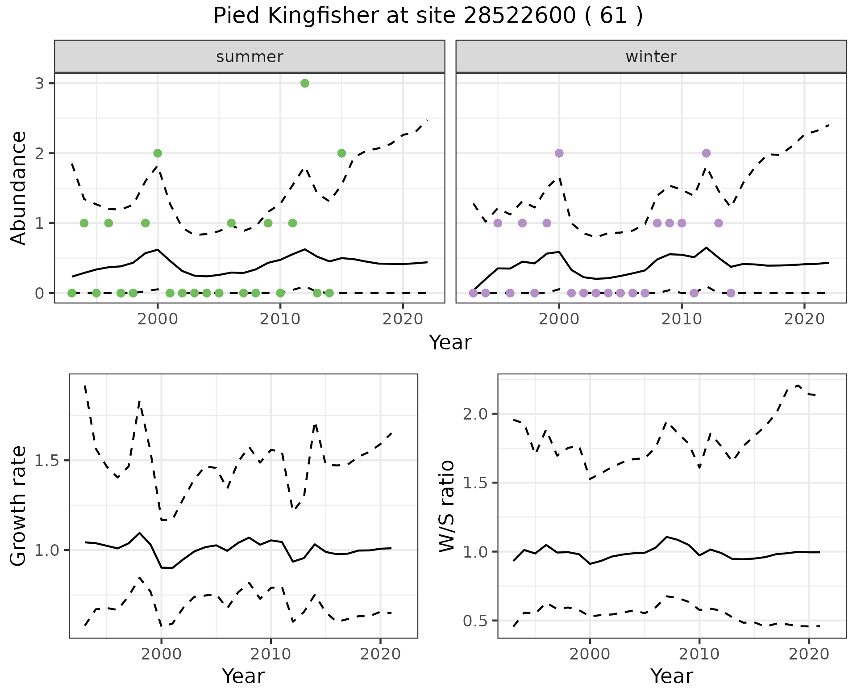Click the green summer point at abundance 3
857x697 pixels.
305,83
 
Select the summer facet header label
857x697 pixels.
250,57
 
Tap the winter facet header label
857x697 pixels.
651,57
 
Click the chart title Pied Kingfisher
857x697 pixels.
428,16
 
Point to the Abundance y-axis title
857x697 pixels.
19,188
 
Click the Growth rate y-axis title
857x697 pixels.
19,506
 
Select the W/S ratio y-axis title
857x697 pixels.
447,506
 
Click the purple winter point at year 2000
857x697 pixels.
559,153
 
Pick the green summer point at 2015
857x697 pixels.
341,153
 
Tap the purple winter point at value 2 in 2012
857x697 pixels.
706,153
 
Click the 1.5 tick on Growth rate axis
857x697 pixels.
47,461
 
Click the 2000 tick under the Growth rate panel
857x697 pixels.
161,654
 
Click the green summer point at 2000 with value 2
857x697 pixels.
158,153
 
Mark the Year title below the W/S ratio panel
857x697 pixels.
671,676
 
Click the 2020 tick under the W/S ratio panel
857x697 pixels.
809,654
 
